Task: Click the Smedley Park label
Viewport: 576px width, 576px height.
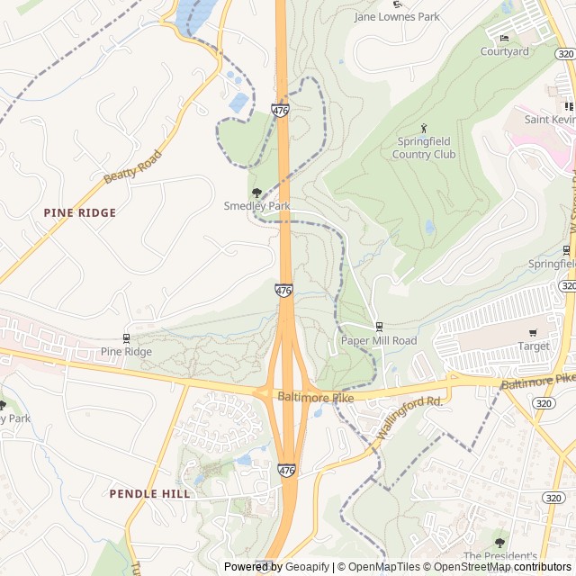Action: [256, 206]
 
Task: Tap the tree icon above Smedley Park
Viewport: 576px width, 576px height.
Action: [256, 192]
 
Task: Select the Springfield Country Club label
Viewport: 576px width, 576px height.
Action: [424, 148]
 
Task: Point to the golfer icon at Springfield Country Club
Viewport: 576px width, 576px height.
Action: [424, 128]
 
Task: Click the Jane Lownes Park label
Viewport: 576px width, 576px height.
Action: [397, 16]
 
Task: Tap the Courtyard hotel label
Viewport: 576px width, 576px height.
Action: [504, 51]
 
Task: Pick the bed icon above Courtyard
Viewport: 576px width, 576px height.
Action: [504, 38]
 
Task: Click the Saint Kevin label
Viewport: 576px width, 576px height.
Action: [549, 119]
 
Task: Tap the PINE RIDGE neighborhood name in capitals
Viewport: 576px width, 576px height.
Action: [80, 212]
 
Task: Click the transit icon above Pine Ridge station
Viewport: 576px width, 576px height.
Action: [125, 338]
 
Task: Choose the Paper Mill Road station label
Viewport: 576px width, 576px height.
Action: [379, 341]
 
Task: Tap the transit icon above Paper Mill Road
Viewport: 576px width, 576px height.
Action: [379, 327]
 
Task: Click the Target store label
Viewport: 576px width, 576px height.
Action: [534, 346]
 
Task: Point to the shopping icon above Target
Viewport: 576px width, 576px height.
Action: [533, 333]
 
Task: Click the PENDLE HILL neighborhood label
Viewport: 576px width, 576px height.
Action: [149, 493]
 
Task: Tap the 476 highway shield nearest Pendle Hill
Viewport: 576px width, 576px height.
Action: [286, 471]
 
